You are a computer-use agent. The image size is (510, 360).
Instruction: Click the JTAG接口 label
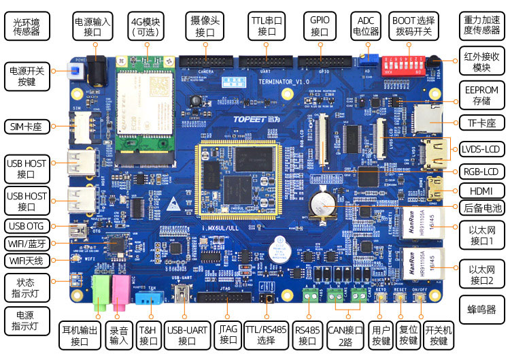point(229,333)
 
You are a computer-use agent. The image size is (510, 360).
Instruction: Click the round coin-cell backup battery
point(320,203)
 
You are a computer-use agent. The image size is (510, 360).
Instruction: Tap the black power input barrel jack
point(100,70)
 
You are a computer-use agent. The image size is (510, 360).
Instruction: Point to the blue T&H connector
point(147,297)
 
